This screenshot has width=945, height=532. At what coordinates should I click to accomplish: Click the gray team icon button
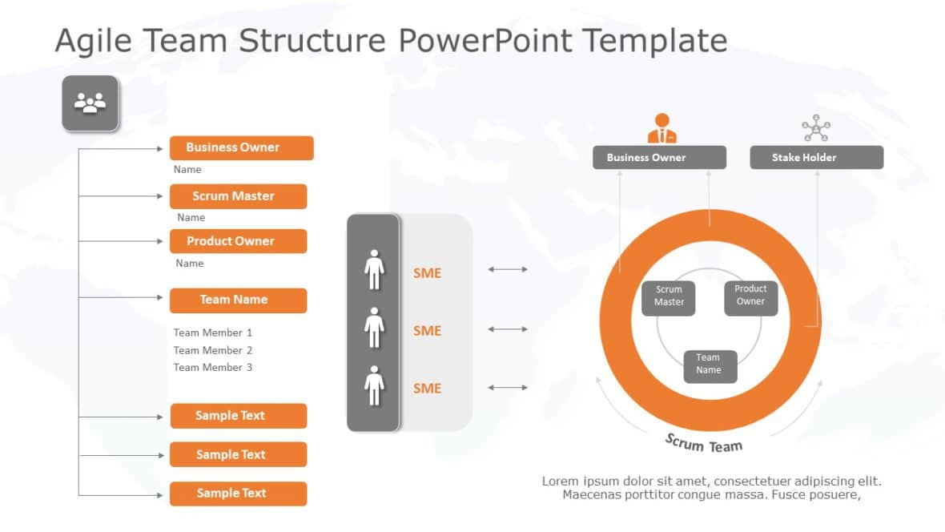click(90, 103)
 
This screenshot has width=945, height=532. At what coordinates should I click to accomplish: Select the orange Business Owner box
click(241, 147)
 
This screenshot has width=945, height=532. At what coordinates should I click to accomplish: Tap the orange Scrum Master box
click(238, 196)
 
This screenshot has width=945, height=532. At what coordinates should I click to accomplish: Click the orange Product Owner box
click(238, 241)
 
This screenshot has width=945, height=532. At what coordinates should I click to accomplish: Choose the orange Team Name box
click(238, 300)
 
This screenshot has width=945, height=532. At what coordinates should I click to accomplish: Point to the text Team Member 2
click(213, 350)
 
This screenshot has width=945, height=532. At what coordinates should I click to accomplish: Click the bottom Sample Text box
click(238, 494)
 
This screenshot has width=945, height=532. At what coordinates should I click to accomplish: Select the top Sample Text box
click(238, 416)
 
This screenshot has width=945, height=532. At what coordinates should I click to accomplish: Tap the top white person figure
click(374, 269)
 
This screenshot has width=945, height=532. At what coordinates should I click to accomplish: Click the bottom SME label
click(427, 389)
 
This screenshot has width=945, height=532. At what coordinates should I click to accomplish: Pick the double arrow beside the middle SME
click(508, 329)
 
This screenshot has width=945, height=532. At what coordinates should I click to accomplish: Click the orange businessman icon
click(662, 128)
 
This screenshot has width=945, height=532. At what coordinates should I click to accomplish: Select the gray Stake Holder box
click(816, 158)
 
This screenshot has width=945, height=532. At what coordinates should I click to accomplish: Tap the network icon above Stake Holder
click(816, 128)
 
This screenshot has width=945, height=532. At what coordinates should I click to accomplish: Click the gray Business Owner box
click(659, 158)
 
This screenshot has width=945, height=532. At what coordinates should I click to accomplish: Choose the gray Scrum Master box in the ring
click(669, 296)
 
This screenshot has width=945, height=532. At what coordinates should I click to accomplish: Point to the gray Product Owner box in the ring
click(750, 296)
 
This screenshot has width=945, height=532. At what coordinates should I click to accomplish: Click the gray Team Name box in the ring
click(710, 365)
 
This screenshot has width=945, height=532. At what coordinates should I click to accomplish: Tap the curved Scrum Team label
click(704, 443)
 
